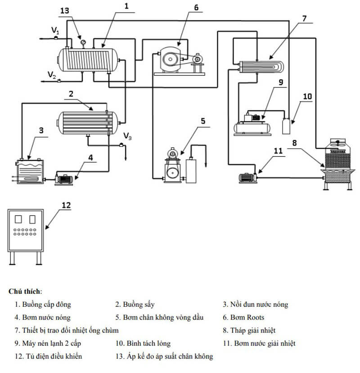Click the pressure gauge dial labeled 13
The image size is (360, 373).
pos(83,42)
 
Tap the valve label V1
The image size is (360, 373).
pos(55,30)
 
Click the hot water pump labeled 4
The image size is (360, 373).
pos(65,178)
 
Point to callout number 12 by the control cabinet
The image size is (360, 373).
pos(66,205)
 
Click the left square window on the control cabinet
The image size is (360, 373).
pos(18,219)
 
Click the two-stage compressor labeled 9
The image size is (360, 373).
pos(252,123)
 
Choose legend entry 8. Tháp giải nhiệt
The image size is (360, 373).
pos(249,331)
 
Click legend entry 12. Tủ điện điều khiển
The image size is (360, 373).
pos(48,356)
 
